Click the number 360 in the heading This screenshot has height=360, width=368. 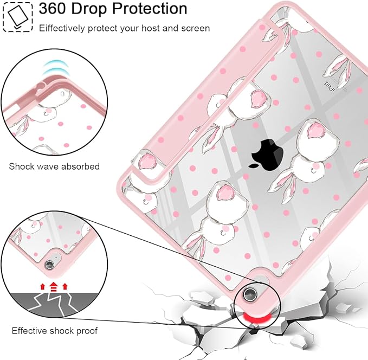coord(53,9)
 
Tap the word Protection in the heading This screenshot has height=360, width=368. coord(150,9)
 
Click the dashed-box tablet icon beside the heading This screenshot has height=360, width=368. coord(18,17)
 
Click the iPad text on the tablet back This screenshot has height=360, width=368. coord(330,86)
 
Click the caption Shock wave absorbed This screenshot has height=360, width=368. coord(54,166)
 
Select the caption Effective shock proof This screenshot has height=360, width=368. coord(55,331)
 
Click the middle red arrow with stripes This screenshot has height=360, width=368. coord(54,286)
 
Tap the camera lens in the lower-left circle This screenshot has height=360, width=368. coord(49,265)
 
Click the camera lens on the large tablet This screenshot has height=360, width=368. coord(249,294)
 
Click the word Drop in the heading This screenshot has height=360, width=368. coord(89,9)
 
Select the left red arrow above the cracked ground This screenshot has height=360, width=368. coord(43,286)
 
